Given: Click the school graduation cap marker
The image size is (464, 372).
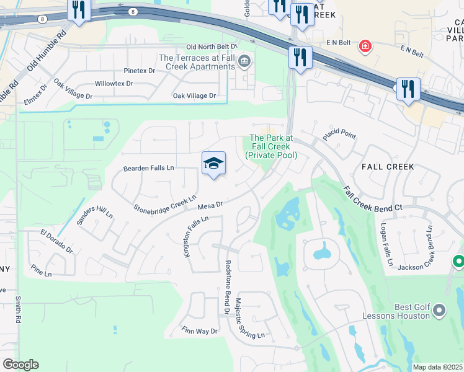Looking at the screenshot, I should [x=213, y=164].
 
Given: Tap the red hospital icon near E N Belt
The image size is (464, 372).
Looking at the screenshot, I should [x=365, y=45].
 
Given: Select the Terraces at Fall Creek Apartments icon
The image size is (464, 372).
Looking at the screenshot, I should [x=245, y=61].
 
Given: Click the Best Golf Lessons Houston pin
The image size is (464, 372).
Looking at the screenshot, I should [x=439, y=309].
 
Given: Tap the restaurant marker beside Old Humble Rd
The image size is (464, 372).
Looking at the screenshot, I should [x=79, y=10].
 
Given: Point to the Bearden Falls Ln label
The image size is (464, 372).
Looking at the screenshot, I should [x=149, y=168].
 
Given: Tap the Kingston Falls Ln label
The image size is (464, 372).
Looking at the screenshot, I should [x=194, y=236].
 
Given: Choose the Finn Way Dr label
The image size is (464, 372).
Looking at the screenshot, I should [x=199, y=331].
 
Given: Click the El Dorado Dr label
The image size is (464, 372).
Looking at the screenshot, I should [x=57, y=242].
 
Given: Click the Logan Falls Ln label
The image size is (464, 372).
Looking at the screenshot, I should [x=386, y=245].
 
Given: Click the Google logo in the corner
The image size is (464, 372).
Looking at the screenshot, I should [x=20, y=365].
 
